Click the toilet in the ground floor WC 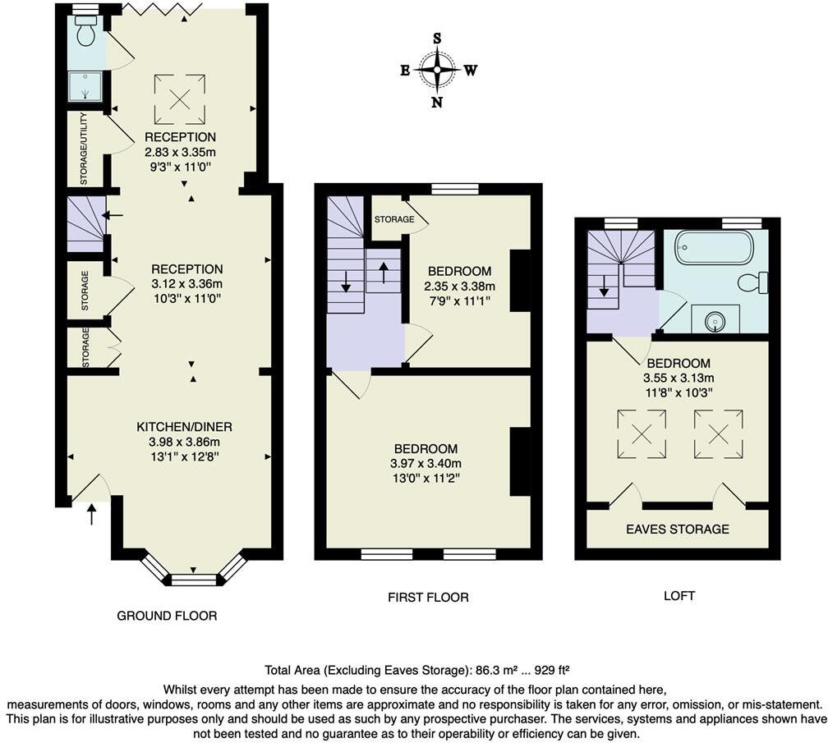(85, 33)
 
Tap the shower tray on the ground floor (86, 84)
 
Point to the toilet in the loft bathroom (752, 282)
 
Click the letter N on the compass (437, 103)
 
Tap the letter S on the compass (437, 38)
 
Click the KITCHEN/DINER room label (184, 427)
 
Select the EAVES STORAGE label (678, 529)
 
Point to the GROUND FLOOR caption (167, 615)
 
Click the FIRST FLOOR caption (428, 597)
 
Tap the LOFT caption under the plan (678, 595)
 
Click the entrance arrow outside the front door (91, 515)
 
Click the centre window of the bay (193, 580)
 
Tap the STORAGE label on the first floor (393, 220)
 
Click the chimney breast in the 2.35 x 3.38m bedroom (520, 281)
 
